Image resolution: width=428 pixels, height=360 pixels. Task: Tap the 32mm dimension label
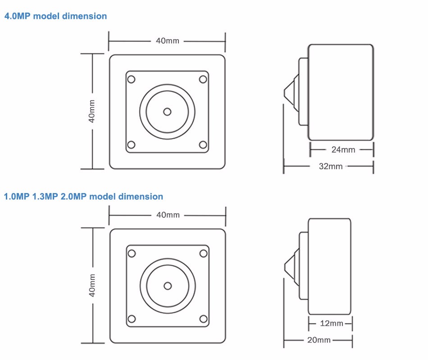(331, 166)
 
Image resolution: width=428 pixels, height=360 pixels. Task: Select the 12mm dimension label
(331, 323)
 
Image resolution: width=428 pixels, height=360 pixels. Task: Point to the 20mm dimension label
(319, 340)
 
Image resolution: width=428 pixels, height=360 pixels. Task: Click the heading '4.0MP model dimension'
(55, 16)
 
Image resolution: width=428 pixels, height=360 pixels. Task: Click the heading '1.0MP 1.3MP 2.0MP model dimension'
(83, 197)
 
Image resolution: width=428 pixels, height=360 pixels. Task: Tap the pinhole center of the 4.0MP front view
(167, 111)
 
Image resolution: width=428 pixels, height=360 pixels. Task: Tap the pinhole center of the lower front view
(168, 285)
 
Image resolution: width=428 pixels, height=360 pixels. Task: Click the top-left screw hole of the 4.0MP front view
(131, 79)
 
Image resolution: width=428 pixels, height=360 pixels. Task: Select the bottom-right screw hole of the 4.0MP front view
(203, 145)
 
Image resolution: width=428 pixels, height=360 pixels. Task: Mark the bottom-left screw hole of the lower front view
(132, 319)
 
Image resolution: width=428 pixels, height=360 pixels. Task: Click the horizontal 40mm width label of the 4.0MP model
(167, 41)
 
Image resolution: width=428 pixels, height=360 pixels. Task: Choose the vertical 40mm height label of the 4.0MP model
(92, 111)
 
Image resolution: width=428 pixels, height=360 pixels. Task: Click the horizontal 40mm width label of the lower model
(168, 215)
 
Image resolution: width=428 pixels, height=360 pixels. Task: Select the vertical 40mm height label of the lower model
(92, 285)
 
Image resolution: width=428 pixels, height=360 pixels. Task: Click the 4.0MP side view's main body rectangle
(341, 92)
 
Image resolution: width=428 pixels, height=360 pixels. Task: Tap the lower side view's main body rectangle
(329, 266)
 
